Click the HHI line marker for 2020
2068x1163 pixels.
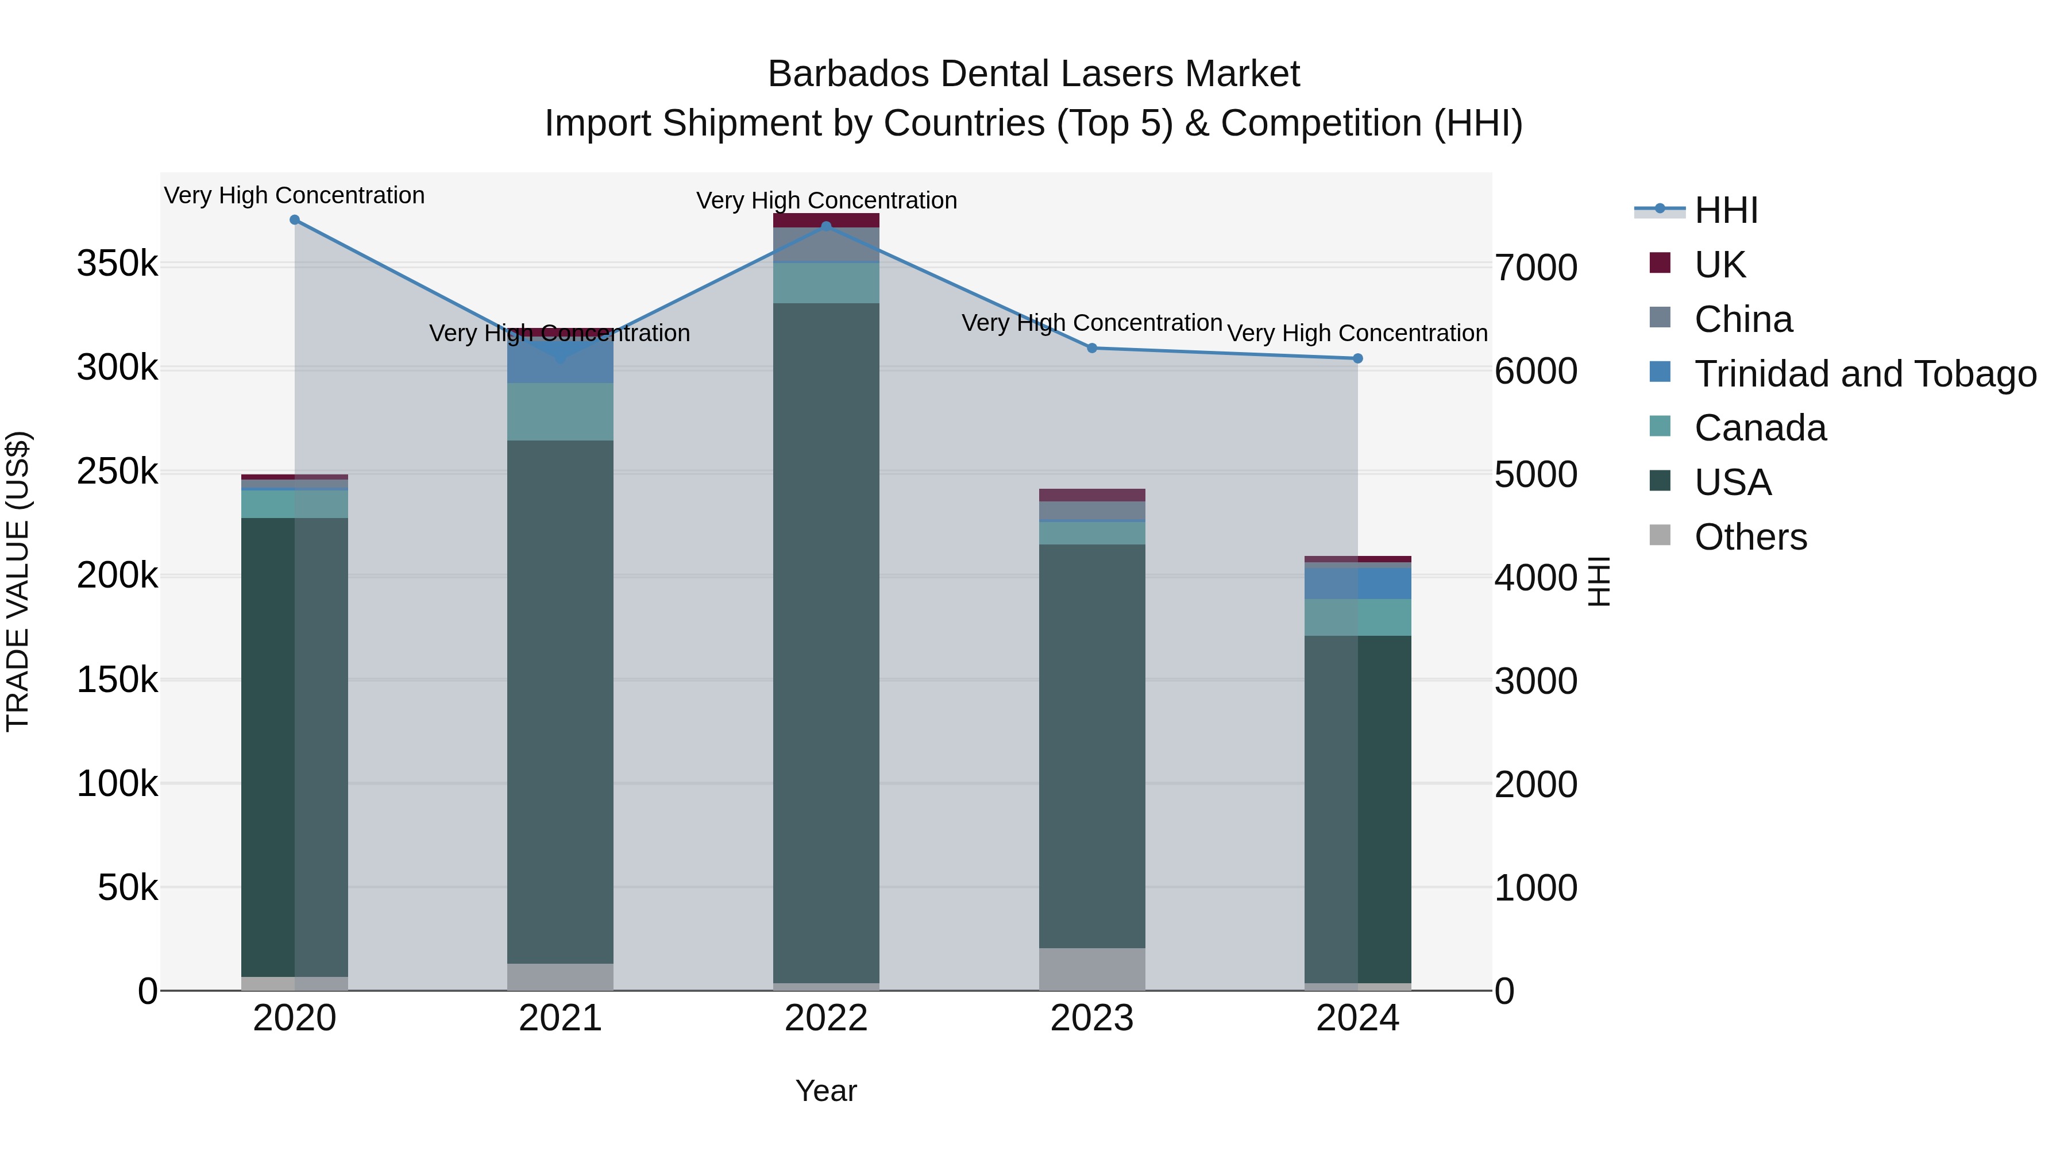295,220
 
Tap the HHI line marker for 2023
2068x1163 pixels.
1092,349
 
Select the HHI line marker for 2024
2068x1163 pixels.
1357,359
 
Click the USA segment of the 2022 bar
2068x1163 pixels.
826,642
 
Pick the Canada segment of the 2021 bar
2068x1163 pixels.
560,412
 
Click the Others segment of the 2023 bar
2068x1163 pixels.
1092,969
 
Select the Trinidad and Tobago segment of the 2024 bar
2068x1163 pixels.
1357,584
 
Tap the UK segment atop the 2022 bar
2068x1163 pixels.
826,221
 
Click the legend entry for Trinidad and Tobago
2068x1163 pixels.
1865,374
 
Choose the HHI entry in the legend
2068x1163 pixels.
1726,210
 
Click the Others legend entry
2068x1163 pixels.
1750,537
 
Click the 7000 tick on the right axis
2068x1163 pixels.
1535,268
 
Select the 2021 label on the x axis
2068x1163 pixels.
560,1018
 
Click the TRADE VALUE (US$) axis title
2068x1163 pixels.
18,581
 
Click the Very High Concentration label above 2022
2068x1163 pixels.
826,200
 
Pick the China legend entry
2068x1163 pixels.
1743,319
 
